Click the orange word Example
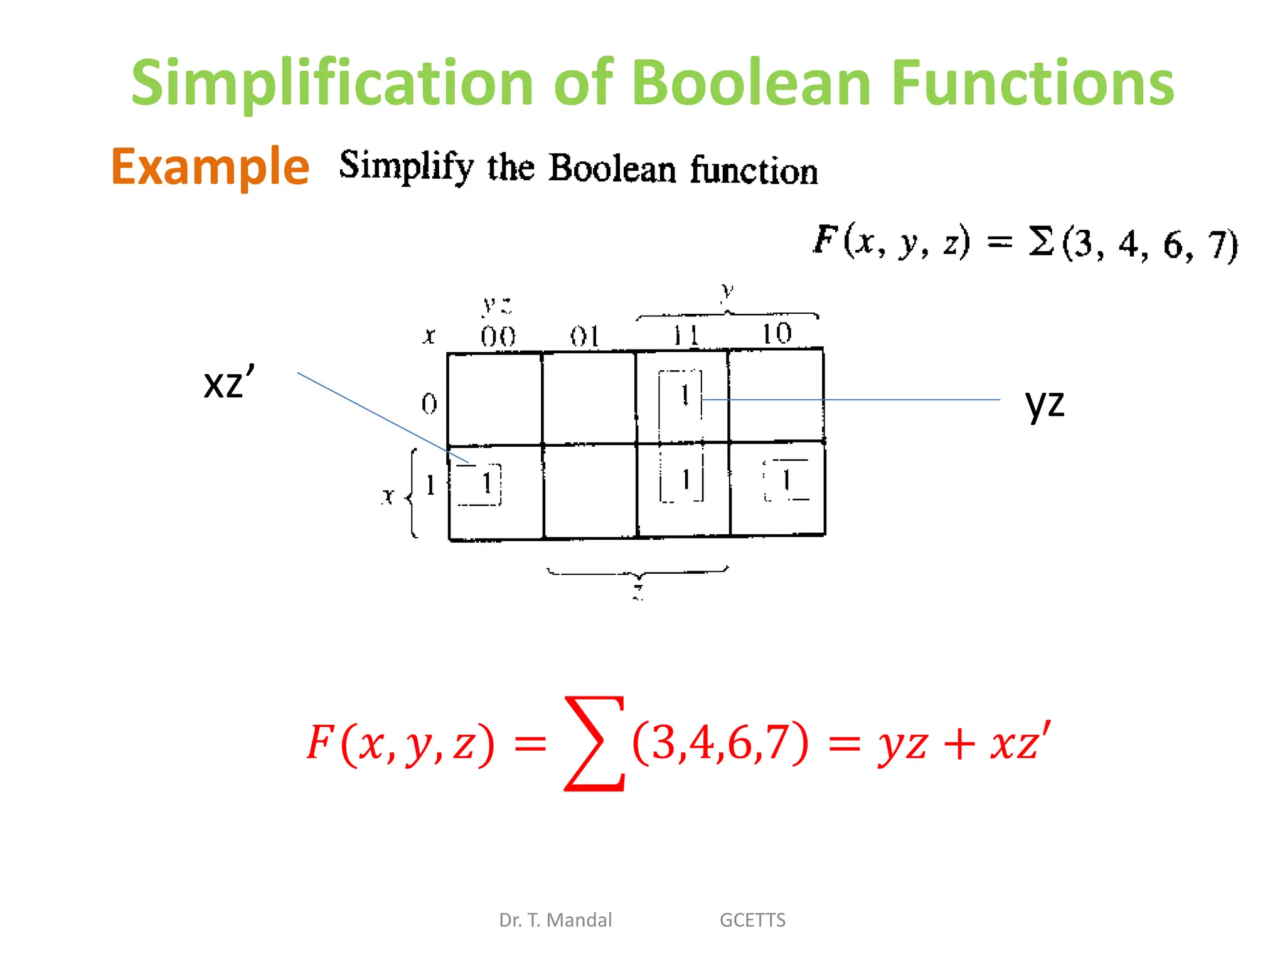click(x=210, y=167)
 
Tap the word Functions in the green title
click(x=1032, y=83)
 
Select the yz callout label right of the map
click(x=1044, y=403)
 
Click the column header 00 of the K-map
click(x=498, y=337)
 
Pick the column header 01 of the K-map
click(x=585, y=337)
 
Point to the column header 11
click(x=685, y=336)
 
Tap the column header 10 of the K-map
click(x=777, y=334)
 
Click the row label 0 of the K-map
click(x=429, y=404)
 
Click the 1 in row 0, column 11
click(x=685, y=395)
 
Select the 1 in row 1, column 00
click(x=486, y=483)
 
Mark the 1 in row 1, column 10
click(x=786, y=481)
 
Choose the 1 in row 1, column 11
click(x=686, y=480)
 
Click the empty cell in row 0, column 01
click(x=589, y=399)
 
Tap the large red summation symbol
click(x=594, y=743)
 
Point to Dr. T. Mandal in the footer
click(x=555, y=920)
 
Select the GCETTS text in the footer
click(x=752, y=920)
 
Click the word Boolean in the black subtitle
click(x=612, y=168)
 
